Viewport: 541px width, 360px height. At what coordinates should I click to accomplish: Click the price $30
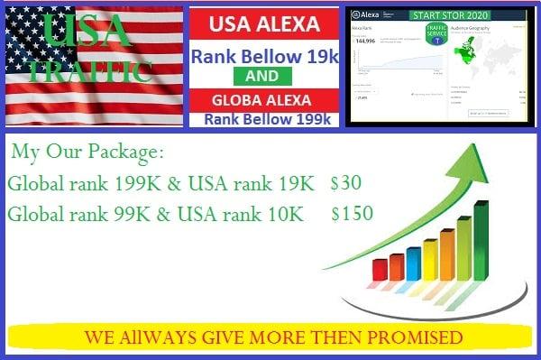pos(346,183)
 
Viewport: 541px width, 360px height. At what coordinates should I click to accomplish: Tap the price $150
pos(352,214)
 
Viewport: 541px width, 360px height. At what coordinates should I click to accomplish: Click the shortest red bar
pos(396,267)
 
